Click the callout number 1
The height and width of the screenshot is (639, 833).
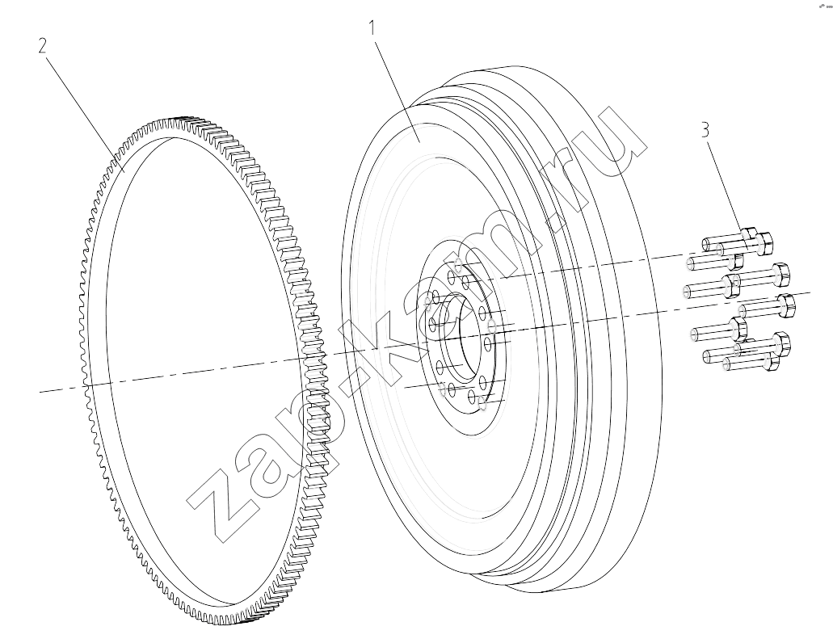tap(373, 27)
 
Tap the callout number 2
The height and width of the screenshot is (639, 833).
tap(43, 45)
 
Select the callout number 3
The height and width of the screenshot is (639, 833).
tap(705, 129)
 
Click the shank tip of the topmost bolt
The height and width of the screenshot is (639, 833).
tap(708, 244)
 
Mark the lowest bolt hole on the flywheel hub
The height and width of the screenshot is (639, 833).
tap(483, 405)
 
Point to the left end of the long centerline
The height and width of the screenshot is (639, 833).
tap(40, 392)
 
